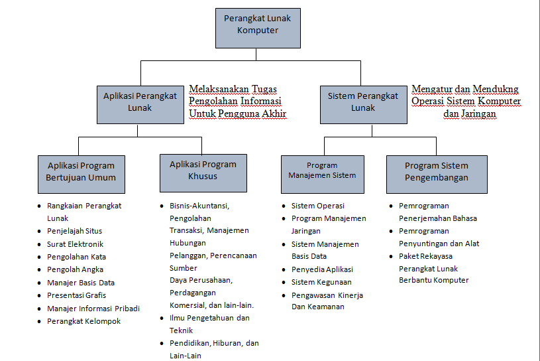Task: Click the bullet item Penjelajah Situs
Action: point(74,231)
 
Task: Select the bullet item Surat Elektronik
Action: point(75,244)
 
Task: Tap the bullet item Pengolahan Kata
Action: point(76,256)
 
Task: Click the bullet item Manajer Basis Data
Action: point(80,282)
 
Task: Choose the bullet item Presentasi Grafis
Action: point(76,295)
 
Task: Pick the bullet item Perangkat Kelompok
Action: point(83,321)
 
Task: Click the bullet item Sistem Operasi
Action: point(317,206)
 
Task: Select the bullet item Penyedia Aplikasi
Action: point(322,269)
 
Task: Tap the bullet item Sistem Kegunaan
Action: point(321,282)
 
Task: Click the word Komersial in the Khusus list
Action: point(188,305)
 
